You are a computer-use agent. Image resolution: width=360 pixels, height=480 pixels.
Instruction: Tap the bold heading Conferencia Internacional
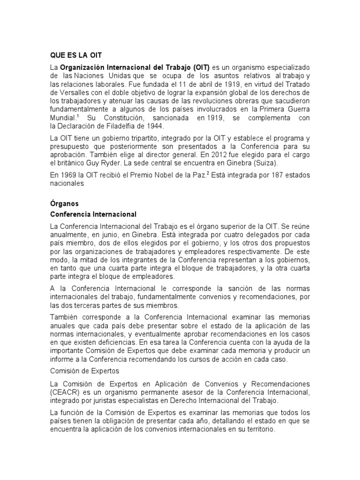coord(93,214)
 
